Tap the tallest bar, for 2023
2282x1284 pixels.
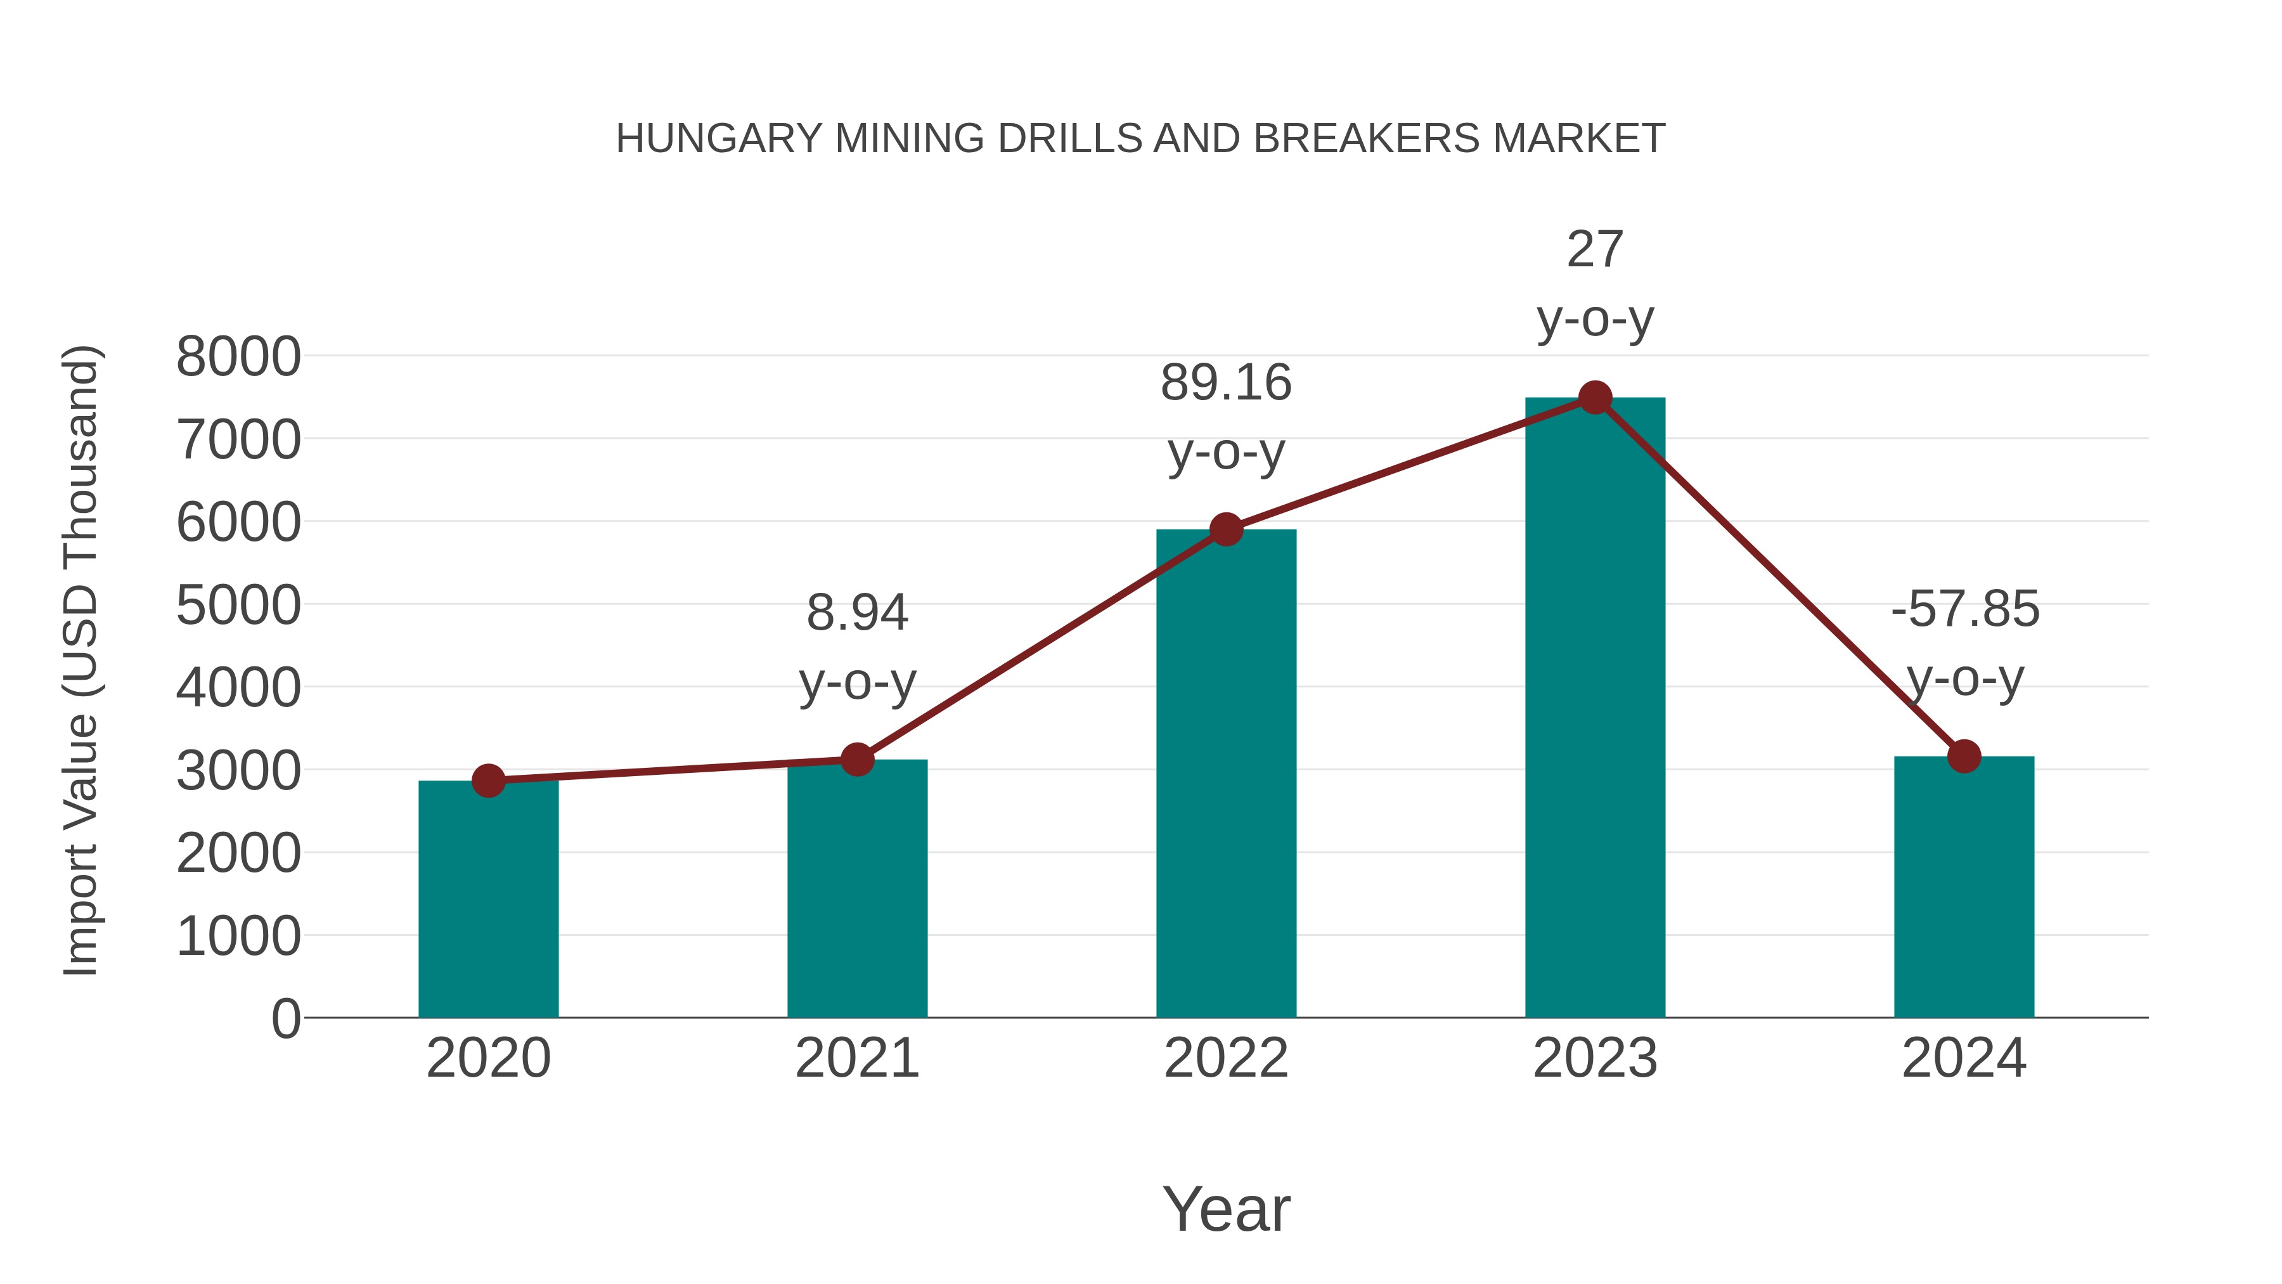(1595, 709)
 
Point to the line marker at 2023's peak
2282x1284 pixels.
(1595, 398)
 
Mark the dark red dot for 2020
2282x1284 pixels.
(488, 781)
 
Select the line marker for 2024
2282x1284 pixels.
(1964, 756)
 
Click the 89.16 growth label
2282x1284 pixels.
(1226, 383)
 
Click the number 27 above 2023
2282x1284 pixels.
(1595, 250)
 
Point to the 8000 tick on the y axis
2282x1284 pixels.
(238, 357)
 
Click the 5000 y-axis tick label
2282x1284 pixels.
(238, 606)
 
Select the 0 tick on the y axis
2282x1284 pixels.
(286, 1018)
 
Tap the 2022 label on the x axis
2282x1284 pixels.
(1226, 1058)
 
